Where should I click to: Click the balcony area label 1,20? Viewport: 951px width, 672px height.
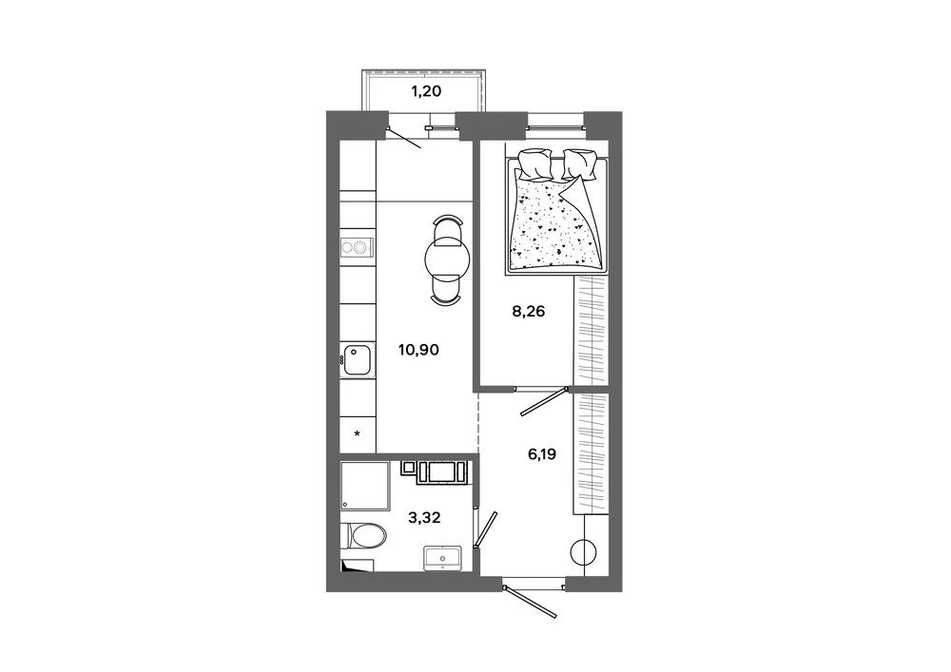(426, 91)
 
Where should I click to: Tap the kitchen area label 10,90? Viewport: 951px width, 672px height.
(418, 350)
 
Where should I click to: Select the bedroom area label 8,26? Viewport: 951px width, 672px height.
(528, 312)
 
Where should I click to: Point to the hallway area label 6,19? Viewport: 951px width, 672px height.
(542, 453)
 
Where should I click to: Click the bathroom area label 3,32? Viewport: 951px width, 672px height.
(424, 517)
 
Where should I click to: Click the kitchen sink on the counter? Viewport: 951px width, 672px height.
(358, 360)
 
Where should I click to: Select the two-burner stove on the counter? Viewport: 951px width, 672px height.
(357, 246)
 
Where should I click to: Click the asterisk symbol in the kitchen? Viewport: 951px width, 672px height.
(358, 433)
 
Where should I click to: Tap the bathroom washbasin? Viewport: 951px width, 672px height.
(443, 558)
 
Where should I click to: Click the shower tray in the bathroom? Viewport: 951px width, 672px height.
(364, 486)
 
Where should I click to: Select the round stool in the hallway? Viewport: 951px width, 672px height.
(584, 552)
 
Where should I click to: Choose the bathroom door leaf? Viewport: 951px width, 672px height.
(486, 529)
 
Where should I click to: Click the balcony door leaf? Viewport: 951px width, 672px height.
(404, 138)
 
